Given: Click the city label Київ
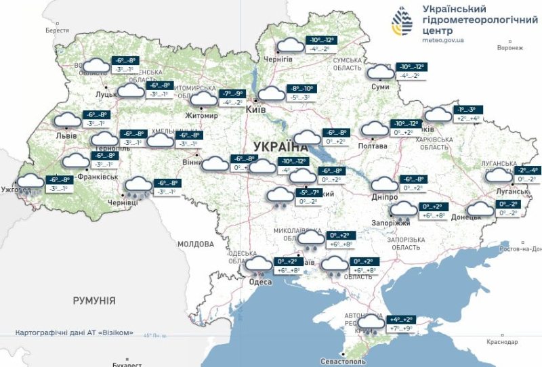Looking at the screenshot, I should point(255,110).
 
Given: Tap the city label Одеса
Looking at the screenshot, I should point(260,283).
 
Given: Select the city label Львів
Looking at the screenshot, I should point(66,135).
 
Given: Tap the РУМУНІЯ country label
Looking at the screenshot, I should point(94,300).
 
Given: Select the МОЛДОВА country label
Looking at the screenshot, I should point(196,243).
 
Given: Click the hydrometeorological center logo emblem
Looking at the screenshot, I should point(402,22).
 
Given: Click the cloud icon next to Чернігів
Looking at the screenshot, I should point(291,46).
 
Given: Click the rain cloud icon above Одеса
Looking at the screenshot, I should point(258,266).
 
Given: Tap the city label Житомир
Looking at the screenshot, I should point(202,116).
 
